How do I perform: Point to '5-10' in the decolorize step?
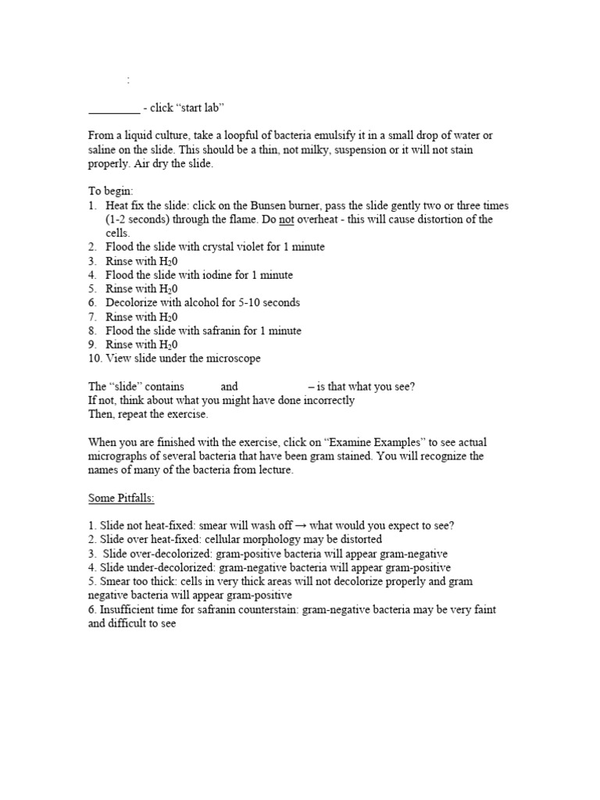[x=241, y=302]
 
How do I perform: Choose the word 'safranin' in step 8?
[x=205, y=330]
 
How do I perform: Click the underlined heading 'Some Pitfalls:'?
[x=121, y=498]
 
